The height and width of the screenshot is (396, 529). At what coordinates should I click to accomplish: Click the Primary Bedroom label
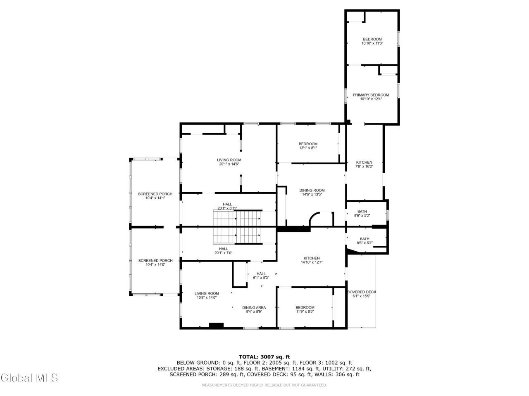tap(371, 95)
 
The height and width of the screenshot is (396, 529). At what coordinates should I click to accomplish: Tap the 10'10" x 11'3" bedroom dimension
tap(372, 43)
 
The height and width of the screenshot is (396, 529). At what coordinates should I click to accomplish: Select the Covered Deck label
tap(361, 292)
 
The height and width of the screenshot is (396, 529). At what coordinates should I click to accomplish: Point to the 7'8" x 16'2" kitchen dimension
tap(364, 166)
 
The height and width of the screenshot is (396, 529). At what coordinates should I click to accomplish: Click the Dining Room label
tap(312, 190)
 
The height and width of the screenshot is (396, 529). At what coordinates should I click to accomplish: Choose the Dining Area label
tap(254, 308)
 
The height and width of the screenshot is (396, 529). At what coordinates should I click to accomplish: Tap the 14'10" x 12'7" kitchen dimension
tap(311, 262)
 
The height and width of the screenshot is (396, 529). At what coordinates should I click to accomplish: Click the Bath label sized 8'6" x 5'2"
tap(362, 212)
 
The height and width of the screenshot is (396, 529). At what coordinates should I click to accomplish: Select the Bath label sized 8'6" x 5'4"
tap(365, 239)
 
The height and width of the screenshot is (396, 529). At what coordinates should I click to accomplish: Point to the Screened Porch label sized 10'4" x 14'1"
tap(155, 194)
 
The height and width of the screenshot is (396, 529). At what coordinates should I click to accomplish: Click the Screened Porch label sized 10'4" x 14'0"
tap(155, 260)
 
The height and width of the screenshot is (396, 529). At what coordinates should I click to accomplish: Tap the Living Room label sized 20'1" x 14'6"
tap(229, 160)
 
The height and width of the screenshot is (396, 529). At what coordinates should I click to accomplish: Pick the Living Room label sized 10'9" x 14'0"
tap(207, 293)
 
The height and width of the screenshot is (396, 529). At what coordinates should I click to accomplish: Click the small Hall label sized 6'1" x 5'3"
tap(261, 273)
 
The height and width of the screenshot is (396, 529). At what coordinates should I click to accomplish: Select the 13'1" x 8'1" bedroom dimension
tap(308, 148)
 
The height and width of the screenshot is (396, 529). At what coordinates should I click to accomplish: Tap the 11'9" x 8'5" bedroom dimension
tap(305, 311)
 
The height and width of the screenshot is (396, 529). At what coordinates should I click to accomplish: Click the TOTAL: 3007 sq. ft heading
tap(264, 357)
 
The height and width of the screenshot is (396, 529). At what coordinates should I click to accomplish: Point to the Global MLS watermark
tap(29, 378)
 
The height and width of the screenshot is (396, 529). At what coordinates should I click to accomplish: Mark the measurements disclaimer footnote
tap(264, 385)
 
